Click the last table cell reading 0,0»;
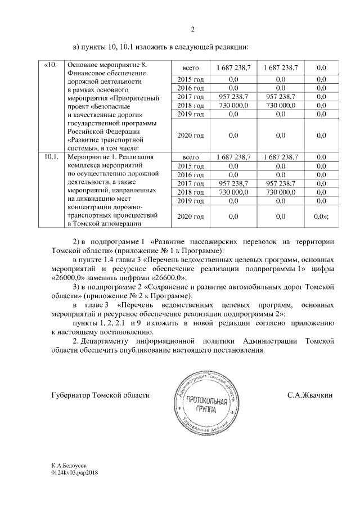[321, 216]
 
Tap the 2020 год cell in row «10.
[188, 136]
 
